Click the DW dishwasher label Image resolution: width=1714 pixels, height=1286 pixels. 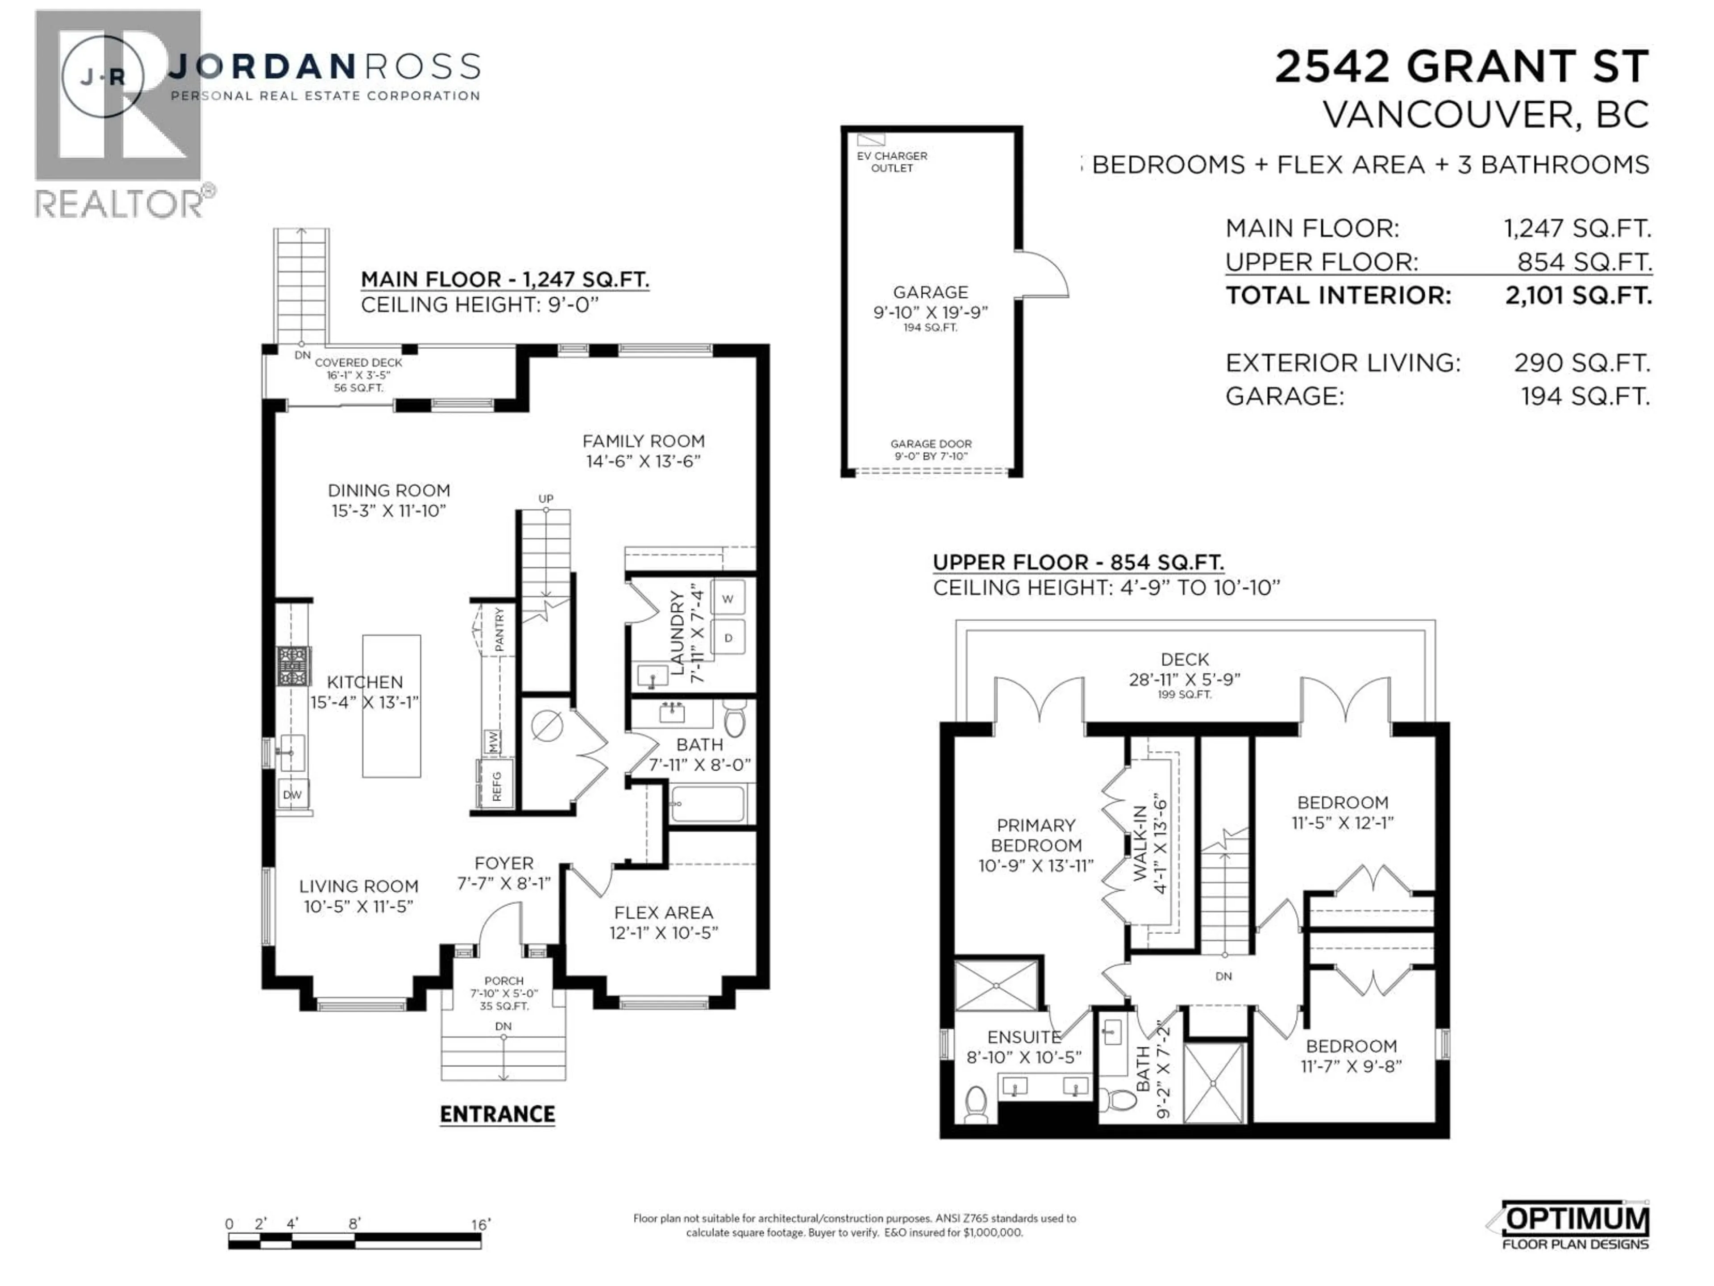pos(292,794)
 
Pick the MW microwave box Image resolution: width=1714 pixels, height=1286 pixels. pos(492,742)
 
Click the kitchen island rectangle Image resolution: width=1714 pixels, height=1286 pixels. pos(391,706)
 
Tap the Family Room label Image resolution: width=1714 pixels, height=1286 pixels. pos(643,451)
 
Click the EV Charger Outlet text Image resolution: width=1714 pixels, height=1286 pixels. pos(892,161)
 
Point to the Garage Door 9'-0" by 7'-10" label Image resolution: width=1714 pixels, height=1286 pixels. pos(931,450)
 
